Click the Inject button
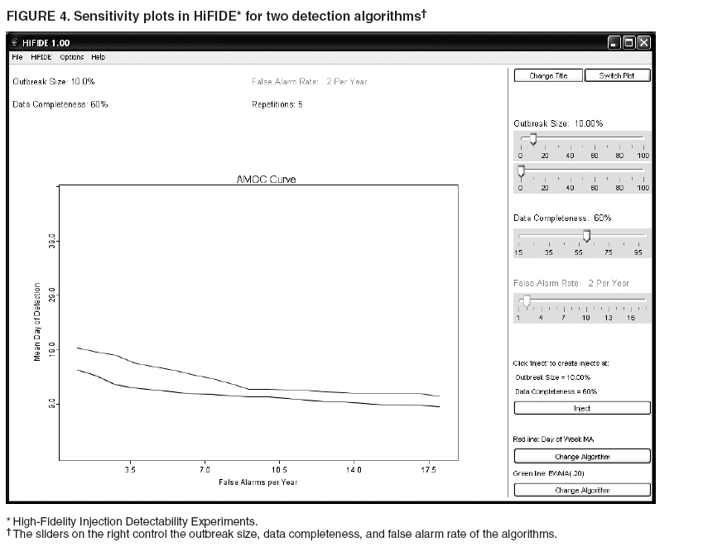point(582,408)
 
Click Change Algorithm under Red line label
point(582,456)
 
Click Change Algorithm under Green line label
point(582,490)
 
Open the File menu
point(17,57)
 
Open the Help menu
point(99,57)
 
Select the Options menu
point(72,57)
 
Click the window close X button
point(643,42)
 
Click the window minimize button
point(614,42)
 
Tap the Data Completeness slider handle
point(586,237)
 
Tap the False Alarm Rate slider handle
point(526,301)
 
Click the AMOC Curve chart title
point(266,180)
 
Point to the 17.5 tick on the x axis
point(428,468)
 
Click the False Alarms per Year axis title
point(258,481)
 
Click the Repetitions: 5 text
point(277,105)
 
